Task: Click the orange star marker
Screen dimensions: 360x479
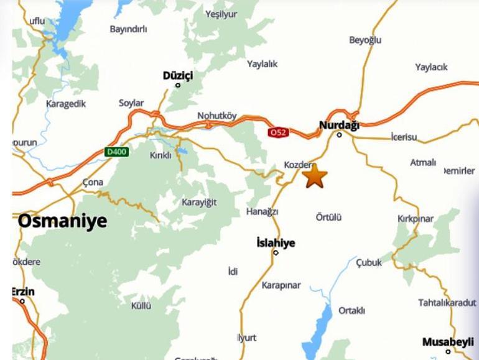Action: (x=314, y=176)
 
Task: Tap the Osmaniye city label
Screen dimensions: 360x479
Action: (x=62, y=221)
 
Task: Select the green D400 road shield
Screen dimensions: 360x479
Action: (x=116, y=152)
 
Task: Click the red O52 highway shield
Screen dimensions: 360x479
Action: (x=278, y=132)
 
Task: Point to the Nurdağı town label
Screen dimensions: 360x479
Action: (x=339, y=125)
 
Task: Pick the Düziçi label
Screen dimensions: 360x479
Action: (x=178, y=75)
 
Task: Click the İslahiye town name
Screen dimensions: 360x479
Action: (x=276, y=242)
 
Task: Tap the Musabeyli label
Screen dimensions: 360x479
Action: (x=447, y=342)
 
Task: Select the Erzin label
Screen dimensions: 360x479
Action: (x=23, y=292)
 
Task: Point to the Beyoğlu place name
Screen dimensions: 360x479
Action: (x=365, y=40)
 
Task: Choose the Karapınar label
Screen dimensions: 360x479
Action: (x=281, y=285)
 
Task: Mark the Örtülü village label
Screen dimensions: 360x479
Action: (x=328, y=218)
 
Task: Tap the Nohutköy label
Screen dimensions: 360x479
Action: (x=217, y=116)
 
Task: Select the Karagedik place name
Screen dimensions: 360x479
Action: (x=65, y=104)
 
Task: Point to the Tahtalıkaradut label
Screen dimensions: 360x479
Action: (x=447, y=302)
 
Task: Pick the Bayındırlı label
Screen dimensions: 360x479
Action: (x=128, y=29)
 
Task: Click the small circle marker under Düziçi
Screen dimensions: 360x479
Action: (x=178, y=85)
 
